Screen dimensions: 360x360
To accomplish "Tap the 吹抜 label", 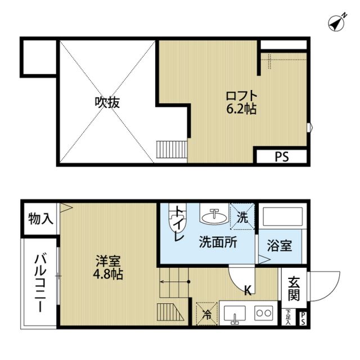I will (107, 103).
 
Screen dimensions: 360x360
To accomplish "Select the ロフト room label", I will (242, 95).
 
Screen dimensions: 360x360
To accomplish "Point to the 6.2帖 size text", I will (242, 109).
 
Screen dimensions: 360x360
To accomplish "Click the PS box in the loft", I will (281, 157).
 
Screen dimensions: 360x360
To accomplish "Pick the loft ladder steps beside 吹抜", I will (171, 149).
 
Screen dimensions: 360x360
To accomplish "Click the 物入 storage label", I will (40, 218).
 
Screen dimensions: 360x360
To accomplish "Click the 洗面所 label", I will (217, 244).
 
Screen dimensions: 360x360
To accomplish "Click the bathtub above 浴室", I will (282, 219).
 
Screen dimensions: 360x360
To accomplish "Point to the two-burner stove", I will (263, 312).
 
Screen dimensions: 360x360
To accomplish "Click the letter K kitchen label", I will (247, 290).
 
